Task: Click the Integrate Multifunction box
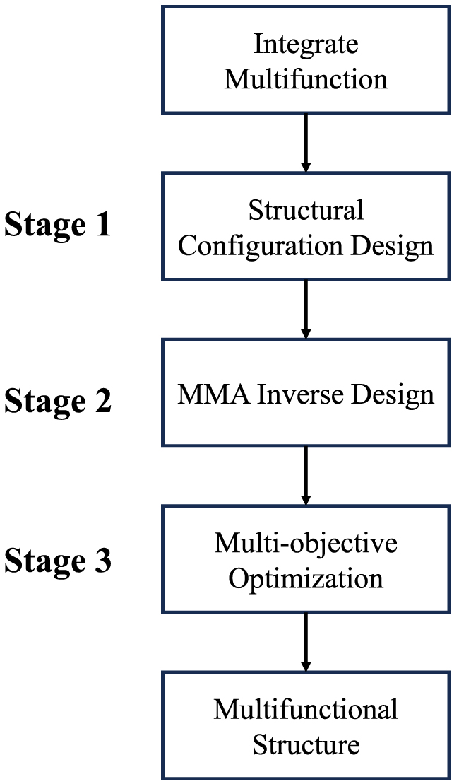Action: point(306,60)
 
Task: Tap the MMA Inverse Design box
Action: point(306,393)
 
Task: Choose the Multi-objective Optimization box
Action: point(306,559)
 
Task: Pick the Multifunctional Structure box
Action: point(306,726)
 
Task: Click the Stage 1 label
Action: point(58,226)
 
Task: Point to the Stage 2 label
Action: point(58,402)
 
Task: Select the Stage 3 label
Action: point(58,561)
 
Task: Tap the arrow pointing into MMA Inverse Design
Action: point(306,310)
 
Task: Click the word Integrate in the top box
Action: point(306,45)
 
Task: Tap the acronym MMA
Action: point(210,394)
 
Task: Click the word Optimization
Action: point(306,578)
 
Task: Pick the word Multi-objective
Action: point(306,543)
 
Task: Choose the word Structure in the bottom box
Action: point(306,744)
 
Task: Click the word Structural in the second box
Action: point(306,210)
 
